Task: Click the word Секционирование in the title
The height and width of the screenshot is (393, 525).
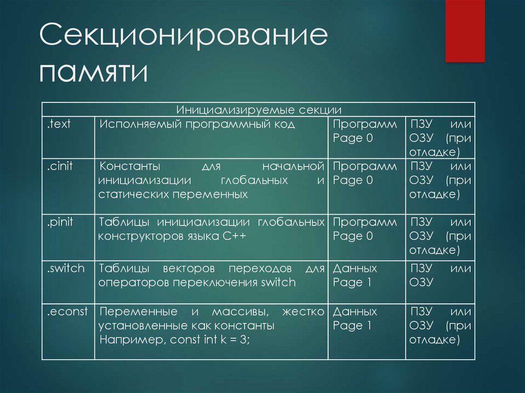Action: (184, 35)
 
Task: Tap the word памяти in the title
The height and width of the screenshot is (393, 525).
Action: (93, 72)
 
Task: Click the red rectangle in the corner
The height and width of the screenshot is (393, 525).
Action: (465, 31)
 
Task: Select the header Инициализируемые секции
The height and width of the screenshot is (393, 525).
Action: (259, 110)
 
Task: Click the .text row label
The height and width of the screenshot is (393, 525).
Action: (58, 124)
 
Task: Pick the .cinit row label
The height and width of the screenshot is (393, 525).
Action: (59, 166)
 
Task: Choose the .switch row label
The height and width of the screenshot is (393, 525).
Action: (66, 268)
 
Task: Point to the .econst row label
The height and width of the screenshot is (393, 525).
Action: (67, 312)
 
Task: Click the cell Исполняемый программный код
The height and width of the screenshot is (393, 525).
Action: (197, 125)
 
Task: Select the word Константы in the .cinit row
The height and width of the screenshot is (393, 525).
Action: (130, 167)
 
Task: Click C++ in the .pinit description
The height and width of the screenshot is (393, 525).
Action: (234, 236)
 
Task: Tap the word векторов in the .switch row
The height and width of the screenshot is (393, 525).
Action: (189, 268)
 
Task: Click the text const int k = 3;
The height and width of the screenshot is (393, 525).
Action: (210, 340)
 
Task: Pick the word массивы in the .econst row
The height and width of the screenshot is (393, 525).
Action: (240, 312)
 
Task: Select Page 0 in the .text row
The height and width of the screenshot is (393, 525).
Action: (353, 138)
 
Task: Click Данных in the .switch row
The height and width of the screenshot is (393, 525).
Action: (355, 268)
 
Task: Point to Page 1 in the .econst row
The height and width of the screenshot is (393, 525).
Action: (352, 325)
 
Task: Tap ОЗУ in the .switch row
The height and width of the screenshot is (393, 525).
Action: (421, 282)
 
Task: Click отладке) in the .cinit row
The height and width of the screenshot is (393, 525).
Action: (435, 195)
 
